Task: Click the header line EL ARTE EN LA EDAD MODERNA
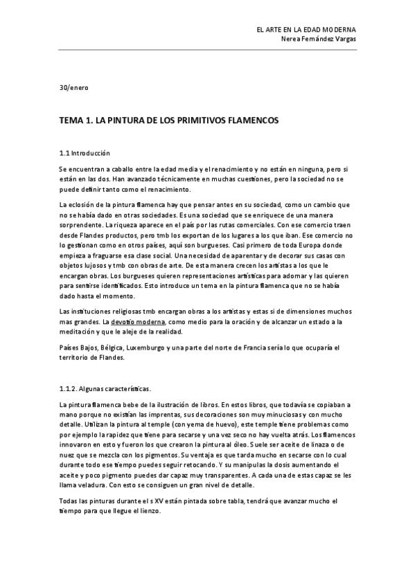point(306,30)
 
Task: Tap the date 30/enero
point(73,88)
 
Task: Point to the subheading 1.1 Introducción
point(85,153)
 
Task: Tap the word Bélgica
point(111,348)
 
